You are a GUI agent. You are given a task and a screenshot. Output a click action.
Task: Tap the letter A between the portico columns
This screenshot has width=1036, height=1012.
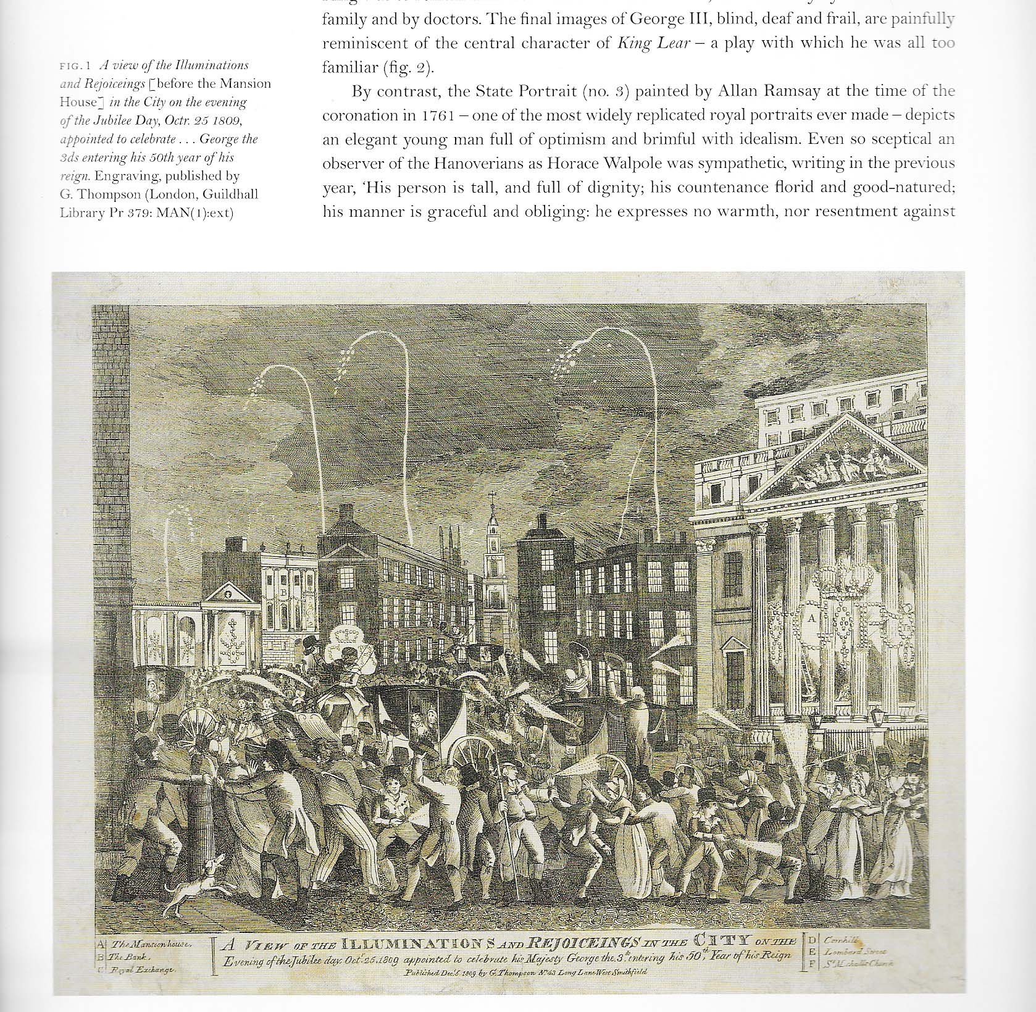tap(811, 616)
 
